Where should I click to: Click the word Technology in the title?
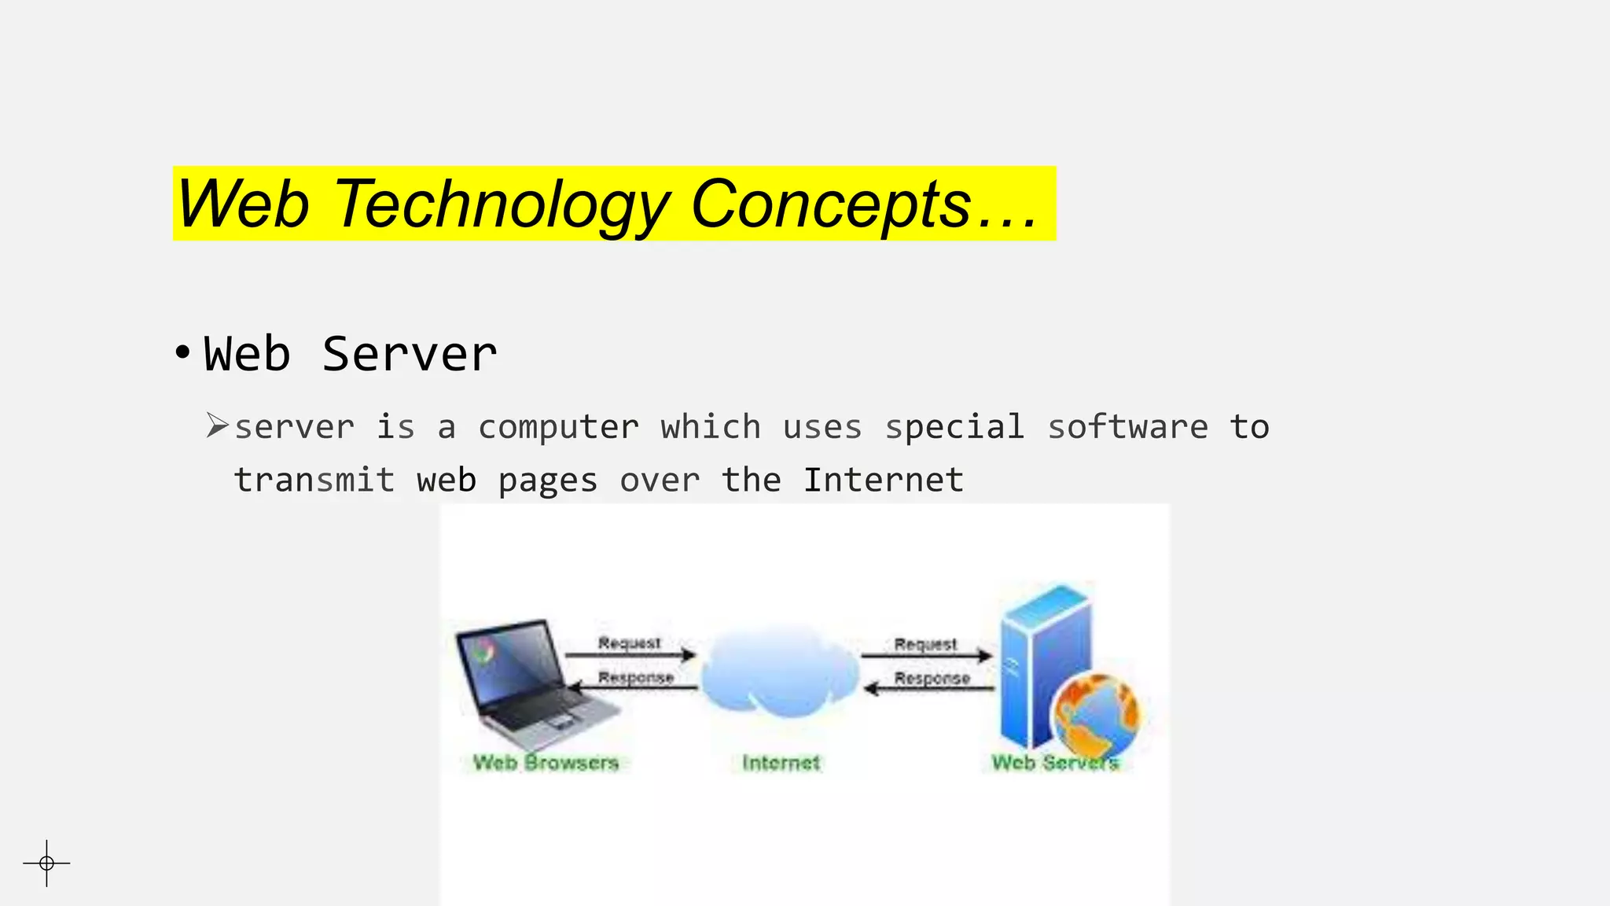click(x=502, y=204)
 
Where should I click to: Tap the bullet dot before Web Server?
click(x=182, y=353)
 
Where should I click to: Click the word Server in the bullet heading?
click(x=409, y=354)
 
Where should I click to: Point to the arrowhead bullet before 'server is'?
click(x=217, y=425)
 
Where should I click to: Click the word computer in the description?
click(x=558, y=428)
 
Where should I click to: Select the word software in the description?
click(x=1127, y=427)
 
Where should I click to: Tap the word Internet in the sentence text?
click(x=883, y=480)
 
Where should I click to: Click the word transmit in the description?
click(x=314, y=480)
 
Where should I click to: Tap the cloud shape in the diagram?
click(x=780, y=672)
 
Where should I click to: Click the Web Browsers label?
click(x=546, y=762)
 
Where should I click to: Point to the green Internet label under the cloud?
click(x=781, y=762)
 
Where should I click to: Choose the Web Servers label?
click(x=1054, y=762)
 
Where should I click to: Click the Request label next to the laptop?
click(x=629, y=643)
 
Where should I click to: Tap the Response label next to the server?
click(x=932, y=678)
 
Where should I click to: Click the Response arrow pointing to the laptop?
click(x=633, y=688)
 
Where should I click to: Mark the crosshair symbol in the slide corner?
click(x=47, y=863)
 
